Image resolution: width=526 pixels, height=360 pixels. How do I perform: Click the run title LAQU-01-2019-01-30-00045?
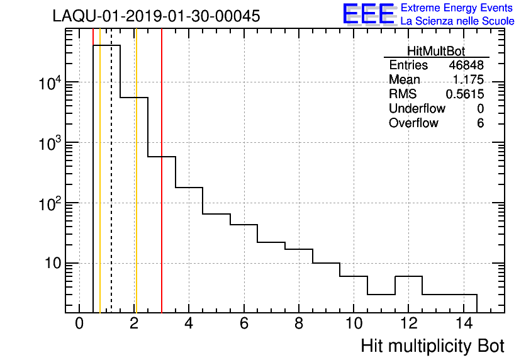coord(156,16)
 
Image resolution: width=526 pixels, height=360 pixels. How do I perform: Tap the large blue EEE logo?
coord(368,14)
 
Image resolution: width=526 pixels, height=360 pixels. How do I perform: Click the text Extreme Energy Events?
coord(457,8)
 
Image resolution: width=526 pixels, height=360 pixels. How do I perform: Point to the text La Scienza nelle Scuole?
coord(457,21)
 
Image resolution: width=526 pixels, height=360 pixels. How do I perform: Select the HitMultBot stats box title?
coord(436,52)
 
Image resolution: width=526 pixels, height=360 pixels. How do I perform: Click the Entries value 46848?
coord(466,65)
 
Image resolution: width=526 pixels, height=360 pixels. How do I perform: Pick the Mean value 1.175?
coord(468,80)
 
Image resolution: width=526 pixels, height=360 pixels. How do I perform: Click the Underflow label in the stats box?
coord(417,109)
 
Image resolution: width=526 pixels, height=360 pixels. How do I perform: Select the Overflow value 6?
coord(480,123)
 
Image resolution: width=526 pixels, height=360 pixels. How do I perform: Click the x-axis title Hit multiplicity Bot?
coord(432,346)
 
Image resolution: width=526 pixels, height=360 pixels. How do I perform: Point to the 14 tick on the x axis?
coord(463,325)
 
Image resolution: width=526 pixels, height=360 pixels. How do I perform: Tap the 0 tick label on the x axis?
coord(79,325)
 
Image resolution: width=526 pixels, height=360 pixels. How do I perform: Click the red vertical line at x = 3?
coord(162,220)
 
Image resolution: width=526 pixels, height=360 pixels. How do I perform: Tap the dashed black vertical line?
coord(111,189)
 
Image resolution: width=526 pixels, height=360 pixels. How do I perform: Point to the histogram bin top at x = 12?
coord(408,276)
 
